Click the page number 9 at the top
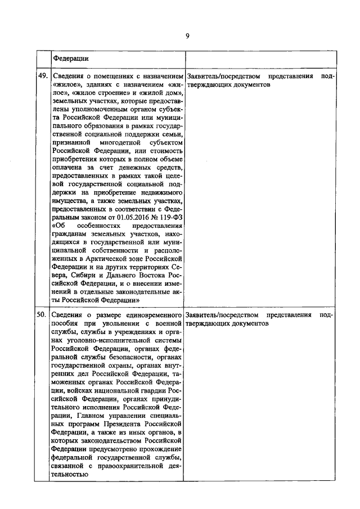(187, 36)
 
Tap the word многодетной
(111, 143)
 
